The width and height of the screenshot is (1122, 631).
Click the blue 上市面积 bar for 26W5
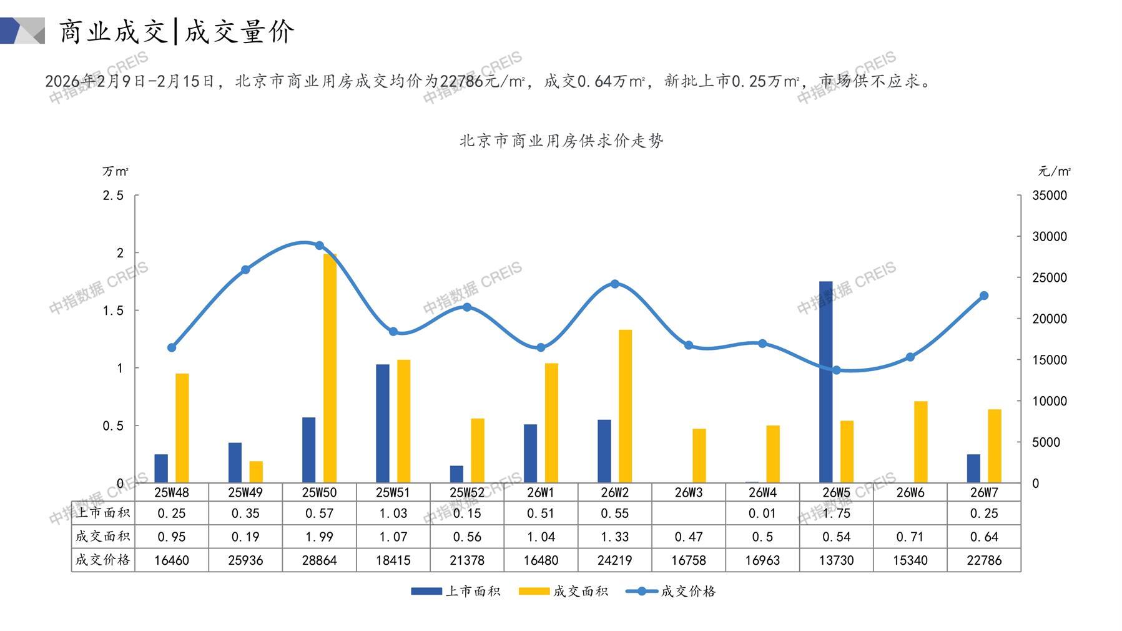825,382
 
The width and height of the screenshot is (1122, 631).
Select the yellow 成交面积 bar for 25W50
330,368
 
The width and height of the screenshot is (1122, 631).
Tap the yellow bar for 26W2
625,406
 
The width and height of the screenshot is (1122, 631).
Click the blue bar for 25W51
382,423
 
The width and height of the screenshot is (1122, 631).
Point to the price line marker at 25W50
319,246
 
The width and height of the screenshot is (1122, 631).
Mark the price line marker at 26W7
984,296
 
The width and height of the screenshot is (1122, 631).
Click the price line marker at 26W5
836,370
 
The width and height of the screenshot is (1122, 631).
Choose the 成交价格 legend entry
671,591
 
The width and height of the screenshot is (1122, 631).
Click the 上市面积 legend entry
456,591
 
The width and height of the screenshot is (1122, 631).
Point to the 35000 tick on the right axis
1050,196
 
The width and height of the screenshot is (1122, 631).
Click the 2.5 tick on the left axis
113,196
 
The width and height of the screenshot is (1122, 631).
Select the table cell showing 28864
319,560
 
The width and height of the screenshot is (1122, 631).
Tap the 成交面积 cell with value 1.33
614,537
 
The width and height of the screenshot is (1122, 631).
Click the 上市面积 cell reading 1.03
393,514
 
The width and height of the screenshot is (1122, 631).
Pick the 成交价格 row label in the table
103,560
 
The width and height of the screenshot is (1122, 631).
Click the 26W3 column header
688,492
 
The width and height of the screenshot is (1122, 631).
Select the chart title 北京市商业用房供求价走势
561,141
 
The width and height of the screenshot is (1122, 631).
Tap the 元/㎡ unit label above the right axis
1054,171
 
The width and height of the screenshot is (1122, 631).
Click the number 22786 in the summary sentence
461,81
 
